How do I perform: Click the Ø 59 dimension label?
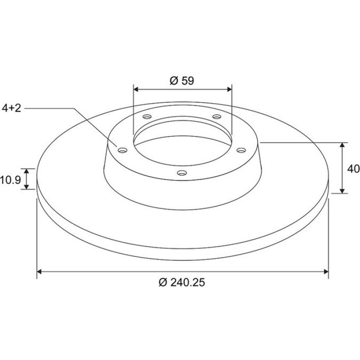click(182, 81)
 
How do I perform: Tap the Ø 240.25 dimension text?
click(181, 282)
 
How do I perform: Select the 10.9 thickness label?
click(10, 180)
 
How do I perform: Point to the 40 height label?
click(353, 169)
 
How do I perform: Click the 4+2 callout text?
click(12, 108)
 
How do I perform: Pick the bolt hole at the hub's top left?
click(147, 116)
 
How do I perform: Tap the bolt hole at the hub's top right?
click(217, 116)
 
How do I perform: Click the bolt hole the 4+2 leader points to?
click(122, 151)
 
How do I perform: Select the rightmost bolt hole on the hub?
click(241, 150)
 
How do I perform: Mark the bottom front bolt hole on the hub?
click(182, 173)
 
